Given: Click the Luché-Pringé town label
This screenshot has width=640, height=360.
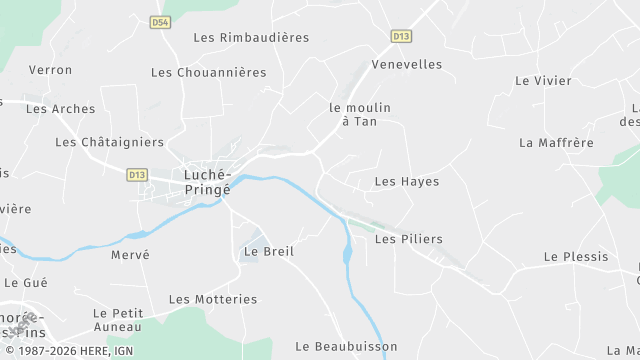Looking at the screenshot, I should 207,180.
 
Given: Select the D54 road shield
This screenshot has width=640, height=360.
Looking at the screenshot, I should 160,21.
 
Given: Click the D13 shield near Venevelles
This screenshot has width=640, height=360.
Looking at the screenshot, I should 401,36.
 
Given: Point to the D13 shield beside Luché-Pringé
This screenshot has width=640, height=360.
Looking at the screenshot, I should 138,174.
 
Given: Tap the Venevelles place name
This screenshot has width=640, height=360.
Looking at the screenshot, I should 406,64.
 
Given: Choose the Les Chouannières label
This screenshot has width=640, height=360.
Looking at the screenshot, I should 209,72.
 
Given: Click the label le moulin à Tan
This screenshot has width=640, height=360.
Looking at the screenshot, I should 360,114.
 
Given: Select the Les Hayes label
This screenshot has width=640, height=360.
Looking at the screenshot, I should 407,181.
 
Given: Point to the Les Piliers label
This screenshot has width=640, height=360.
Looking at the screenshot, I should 408,240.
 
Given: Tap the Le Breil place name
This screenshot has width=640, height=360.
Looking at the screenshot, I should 269,252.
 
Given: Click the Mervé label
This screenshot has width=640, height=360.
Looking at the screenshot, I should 130,255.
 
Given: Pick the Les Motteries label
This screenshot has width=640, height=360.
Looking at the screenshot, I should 213,299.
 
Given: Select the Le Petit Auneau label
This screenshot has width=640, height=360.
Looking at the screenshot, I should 118,319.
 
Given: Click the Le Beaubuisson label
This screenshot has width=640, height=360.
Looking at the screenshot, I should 346,346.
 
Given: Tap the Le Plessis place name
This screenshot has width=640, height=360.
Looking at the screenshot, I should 576,257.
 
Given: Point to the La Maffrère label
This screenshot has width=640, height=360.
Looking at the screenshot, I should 556,143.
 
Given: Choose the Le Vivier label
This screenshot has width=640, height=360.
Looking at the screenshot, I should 543,81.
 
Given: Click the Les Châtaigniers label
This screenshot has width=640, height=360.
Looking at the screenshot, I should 109,142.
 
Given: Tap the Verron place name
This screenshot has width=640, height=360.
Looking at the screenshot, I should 51,70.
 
